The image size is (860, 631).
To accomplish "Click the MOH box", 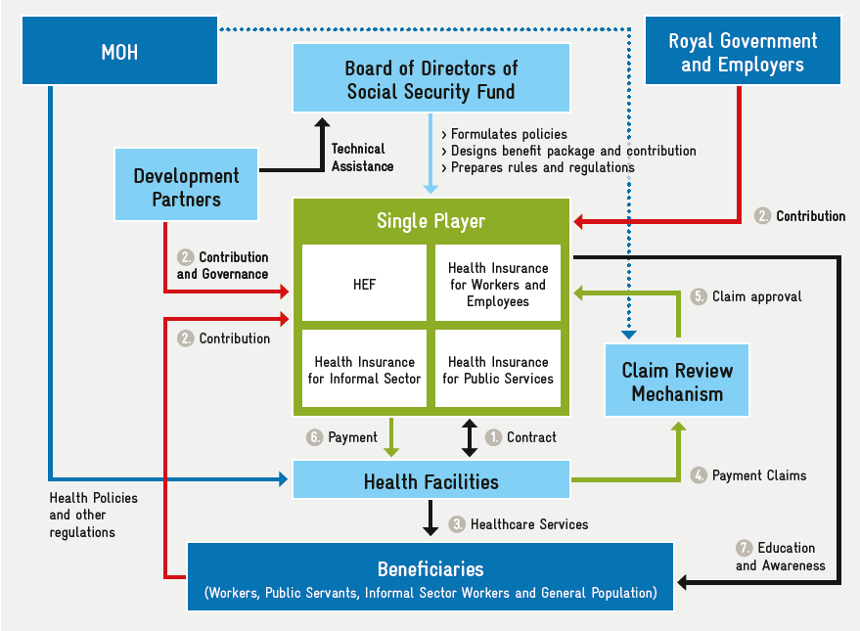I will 119,51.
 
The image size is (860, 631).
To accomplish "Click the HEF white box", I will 364,284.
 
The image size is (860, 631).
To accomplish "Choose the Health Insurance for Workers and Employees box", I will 498,284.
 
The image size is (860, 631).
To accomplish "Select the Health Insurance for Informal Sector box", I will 364,370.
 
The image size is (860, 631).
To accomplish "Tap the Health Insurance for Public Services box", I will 498,370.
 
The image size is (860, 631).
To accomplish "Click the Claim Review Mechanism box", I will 677,382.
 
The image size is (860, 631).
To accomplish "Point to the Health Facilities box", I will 431,481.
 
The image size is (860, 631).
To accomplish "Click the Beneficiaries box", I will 430,577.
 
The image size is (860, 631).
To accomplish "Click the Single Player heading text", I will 431,221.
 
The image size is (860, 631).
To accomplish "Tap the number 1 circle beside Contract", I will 494,437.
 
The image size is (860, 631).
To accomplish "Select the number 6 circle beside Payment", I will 315,437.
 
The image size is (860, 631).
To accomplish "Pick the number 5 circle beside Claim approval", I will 699,295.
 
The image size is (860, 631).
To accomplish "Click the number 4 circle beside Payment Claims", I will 699,474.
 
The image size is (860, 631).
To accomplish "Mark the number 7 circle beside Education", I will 745,548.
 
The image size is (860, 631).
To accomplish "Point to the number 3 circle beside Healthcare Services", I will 457,524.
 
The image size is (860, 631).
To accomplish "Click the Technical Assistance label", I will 362,158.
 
